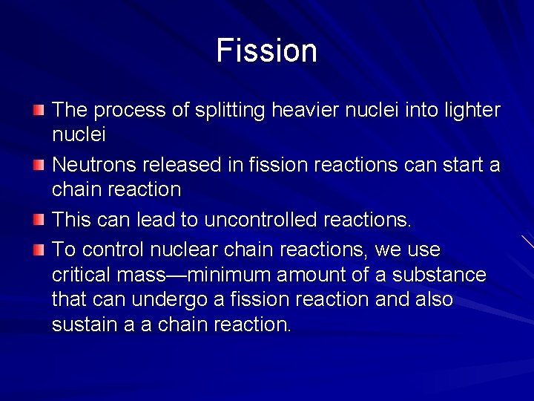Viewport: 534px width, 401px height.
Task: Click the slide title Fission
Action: click(x=267, y=50)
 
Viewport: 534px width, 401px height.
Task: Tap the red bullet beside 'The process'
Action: click(x=39, y=111)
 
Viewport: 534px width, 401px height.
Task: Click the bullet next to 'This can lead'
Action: click(x=39, y=221)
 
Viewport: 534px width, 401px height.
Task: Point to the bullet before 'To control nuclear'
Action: click(x=39, y=249)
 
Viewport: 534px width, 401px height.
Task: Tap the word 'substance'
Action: click(x=443, y=275)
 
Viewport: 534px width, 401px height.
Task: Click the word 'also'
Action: click(x=432, y=299)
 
